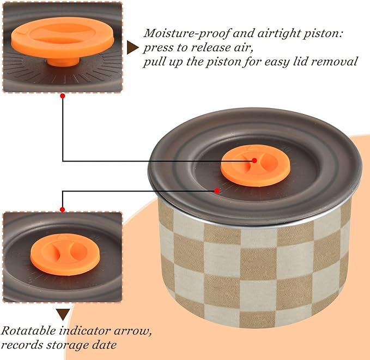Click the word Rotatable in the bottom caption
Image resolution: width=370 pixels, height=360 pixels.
(x=28, y=331)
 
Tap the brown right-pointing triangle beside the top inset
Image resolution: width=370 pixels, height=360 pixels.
(x=132, y=47)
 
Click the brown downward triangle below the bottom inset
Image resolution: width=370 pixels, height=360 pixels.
(x=63, y=314)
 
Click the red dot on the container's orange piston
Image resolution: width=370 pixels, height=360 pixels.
(x=254, y=160)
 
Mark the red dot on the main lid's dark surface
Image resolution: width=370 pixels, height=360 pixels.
(x=217, y=190)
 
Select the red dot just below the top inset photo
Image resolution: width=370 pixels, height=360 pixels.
(x=63, y=96)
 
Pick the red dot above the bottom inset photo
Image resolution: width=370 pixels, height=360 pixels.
(x=63, y=209)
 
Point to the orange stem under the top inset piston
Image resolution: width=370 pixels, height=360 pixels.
(x=63, y=62)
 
